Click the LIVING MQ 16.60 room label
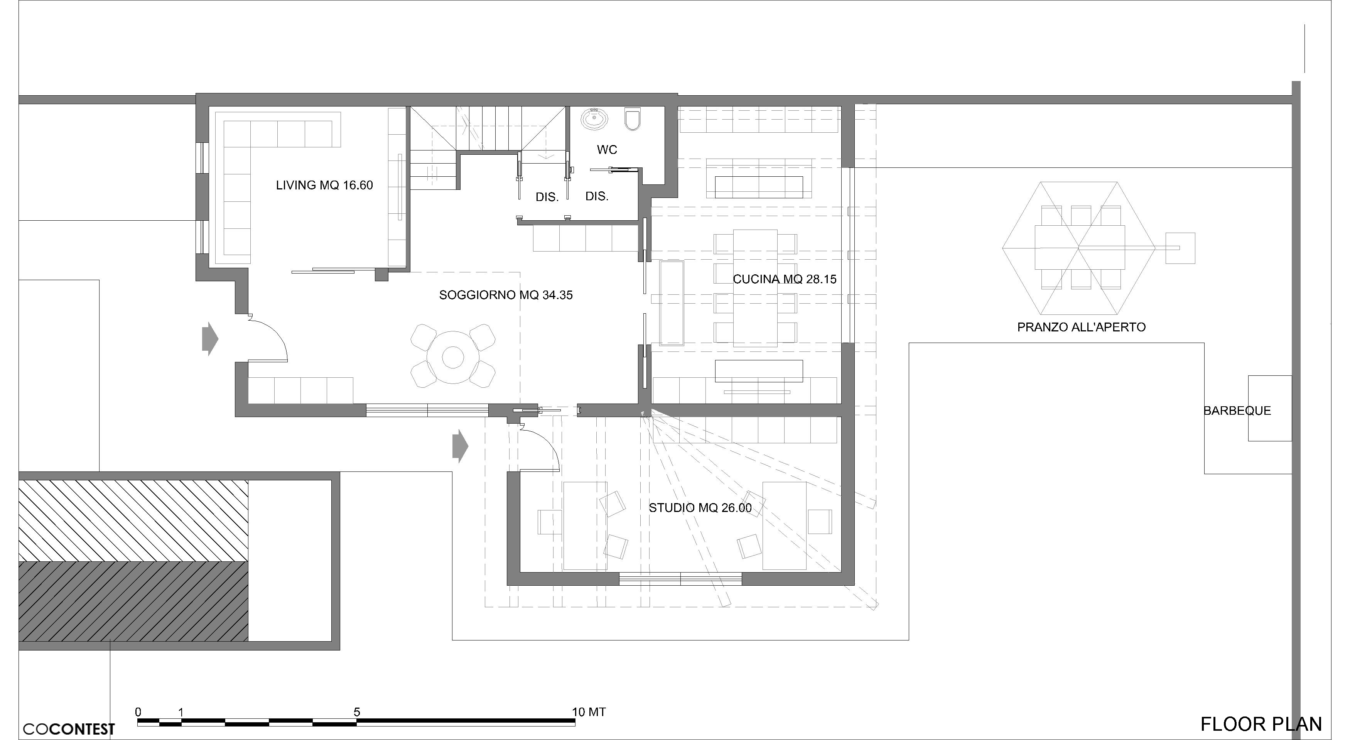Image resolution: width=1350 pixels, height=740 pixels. point(324,185)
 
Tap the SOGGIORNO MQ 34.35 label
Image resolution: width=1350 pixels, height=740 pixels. point(506,295)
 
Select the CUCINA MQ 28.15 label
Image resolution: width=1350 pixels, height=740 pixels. point(785,279)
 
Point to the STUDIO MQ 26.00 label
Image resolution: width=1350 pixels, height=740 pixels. point(700,508)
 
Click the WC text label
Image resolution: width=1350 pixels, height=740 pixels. point(607,150)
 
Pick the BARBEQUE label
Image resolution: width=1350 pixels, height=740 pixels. point(1237,411)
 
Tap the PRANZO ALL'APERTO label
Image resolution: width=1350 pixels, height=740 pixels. point(1081,328)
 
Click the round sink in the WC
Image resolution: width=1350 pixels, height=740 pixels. point(595,118)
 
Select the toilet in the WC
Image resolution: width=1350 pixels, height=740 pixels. point(633,118)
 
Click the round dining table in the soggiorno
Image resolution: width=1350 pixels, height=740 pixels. point(453,357)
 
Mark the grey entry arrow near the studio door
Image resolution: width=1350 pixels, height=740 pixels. point(460,446)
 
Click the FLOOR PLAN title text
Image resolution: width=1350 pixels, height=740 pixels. point(1261,724)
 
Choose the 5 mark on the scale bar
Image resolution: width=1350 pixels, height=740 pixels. point(357,712)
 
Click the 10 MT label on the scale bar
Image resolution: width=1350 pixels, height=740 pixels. point(589,712)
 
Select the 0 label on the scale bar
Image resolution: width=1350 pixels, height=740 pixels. point(138,712)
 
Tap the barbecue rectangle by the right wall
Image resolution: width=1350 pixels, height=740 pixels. point(1269,408)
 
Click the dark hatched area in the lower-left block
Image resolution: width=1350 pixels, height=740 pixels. point(133,601)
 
